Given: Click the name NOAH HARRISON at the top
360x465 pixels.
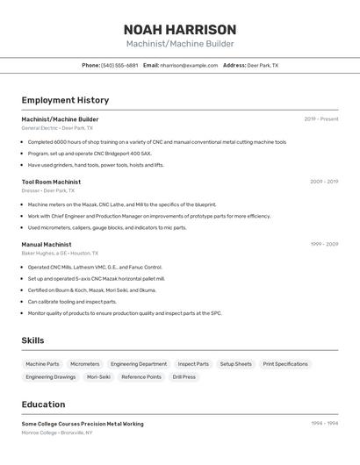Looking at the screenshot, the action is click(x=180, y=29).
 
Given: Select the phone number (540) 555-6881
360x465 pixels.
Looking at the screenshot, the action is click(x=119, y=65).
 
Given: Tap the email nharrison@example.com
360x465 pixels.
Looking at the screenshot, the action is click(x=189, y=65).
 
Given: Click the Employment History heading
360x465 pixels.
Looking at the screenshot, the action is click(x=65, y=100).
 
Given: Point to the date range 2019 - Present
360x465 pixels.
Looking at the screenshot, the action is click(x=321, y=118).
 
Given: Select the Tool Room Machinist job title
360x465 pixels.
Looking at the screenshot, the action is click(x=51, y=182).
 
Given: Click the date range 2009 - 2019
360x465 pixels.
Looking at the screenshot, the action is click(x=324, y=182).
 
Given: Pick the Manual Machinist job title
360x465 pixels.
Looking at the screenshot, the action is click(x=47, y=244).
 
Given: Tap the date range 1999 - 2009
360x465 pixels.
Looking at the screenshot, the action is click(x=324, y=244).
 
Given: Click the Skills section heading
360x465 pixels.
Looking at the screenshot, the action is click(x=32, y=340).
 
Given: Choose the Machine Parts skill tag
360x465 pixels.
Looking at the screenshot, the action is click(x=42, y=363).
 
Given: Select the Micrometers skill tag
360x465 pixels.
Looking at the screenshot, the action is click(x=85, y=363).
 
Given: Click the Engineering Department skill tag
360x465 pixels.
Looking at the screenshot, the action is click(x=139, y=363).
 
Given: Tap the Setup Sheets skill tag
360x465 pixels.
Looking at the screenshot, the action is click(x=235, y=363).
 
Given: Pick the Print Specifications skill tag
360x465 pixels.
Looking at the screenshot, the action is click(x=285, y=363).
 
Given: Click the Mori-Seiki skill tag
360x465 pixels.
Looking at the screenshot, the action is click(x=98, y=376).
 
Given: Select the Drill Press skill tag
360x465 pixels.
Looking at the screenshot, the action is click(x=184, y=376).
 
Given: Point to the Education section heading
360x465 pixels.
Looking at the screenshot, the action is click(x=43, y=404).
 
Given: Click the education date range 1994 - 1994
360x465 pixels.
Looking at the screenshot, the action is click(x=324, y=423).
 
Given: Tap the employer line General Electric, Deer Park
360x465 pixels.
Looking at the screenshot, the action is click(x=57, y=127).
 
